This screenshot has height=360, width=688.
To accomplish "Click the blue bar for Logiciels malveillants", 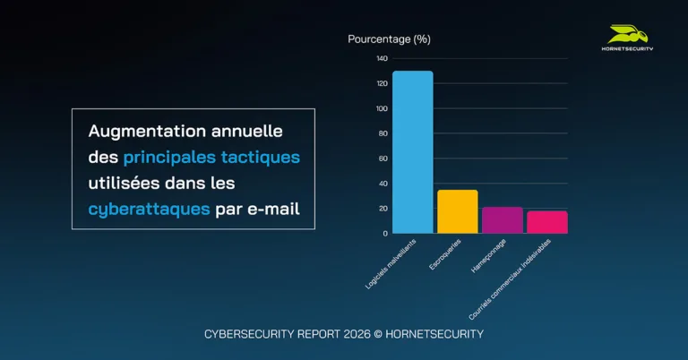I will [412, 152].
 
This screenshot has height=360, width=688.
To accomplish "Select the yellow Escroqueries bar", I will [457, 211].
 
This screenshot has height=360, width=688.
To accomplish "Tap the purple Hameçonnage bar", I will [502, 220].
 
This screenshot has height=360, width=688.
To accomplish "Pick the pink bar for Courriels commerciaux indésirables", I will [546, 222].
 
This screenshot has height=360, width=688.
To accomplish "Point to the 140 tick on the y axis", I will [383, 59].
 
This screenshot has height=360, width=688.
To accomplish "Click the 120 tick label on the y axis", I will [383, 84].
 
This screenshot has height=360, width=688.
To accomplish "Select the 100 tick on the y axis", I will [383, 109].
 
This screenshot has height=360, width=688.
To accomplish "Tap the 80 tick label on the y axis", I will [383, 134].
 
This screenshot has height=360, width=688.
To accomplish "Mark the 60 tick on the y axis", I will [383, 159].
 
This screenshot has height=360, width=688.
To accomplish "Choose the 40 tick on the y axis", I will [383, 184].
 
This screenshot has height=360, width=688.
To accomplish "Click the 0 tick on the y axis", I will [385, 234].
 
